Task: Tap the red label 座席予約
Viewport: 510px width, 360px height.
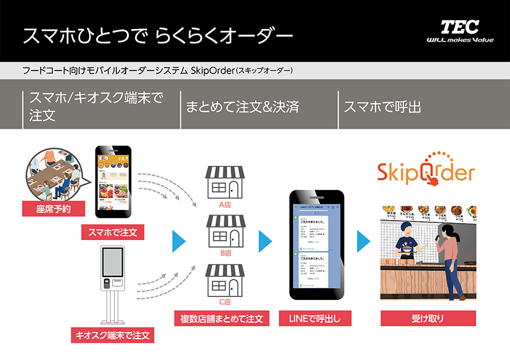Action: tap(53, 209)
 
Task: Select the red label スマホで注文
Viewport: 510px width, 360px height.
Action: tap(113, 232)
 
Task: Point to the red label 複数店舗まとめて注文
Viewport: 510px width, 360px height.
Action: tap(222, 318)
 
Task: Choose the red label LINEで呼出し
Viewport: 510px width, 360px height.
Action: tap(314, 318)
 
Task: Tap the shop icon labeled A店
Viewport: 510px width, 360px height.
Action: tap(224, 183)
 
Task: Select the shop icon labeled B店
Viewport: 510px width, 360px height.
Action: tap(224, 232)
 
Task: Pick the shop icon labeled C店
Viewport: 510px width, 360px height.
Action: tap(224, 281)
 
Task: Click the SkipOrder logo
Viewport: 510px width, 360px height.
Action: tap(426, 173)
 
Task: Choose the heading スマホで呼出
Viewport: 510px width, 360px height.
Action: tap(383, 108)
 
